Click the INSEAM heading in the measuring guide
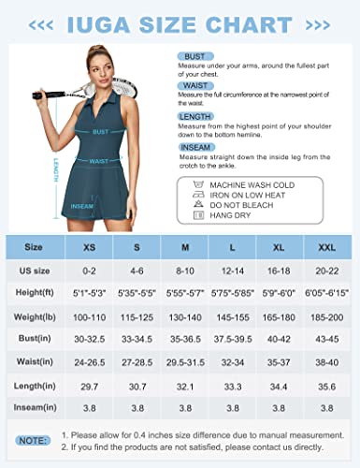point(193,143)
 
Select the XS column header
point(90,248)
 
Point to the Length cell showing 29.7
point(90,386)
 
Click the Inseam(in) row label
point(33,408)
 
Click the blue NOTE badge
point(33,438)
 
